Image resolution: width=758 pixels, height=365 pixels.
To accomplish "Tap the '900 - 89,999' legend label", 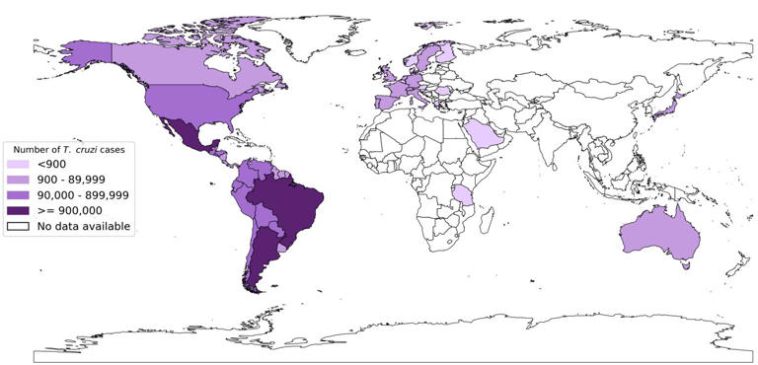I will click(x=74, y=180).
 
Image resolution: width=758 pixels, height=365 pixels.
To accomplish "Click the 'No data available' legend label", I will click(x=84, y=227).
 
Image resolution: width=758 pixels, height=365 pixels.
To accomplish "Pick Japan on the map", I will click(x=670, y=105).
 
